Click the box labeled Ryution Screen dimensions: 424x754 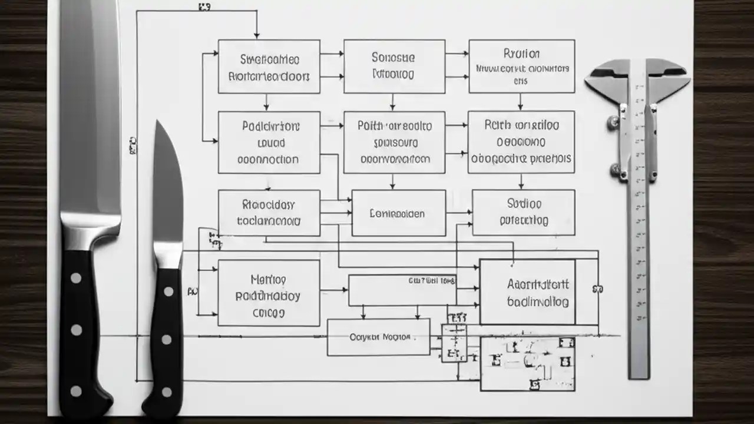coord(521,66)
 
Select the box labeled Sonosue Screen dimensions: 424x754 coord(394,66)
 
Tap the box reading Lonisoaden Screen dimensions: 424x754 coord(398,213)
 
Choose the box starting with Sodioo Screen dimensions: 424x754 coord(523,212)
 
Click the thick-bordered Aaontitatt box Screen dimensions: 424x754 coord(527,292)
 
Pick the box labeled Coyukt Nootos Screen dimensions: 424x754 coord(378,337)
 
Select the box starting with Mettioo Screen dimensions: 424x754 coord(269,293)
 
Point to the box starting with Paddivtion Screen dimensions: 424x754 coord(269,142)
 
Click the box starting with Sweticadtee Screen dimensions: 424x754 coord(269,66)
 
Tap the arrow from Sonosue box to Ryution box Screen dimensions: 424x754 coord(457,54)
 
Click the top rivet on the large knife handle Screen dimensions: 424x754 coord(76,278)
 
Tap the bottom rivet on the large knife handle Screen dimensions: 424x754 coord(76,391)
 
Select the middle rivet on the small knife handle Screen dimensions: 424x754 coord(167,340)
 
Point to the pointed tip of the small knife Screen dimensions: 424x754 coord(158,122)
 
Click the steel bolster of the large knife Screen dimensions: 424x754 coord(90,233)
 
